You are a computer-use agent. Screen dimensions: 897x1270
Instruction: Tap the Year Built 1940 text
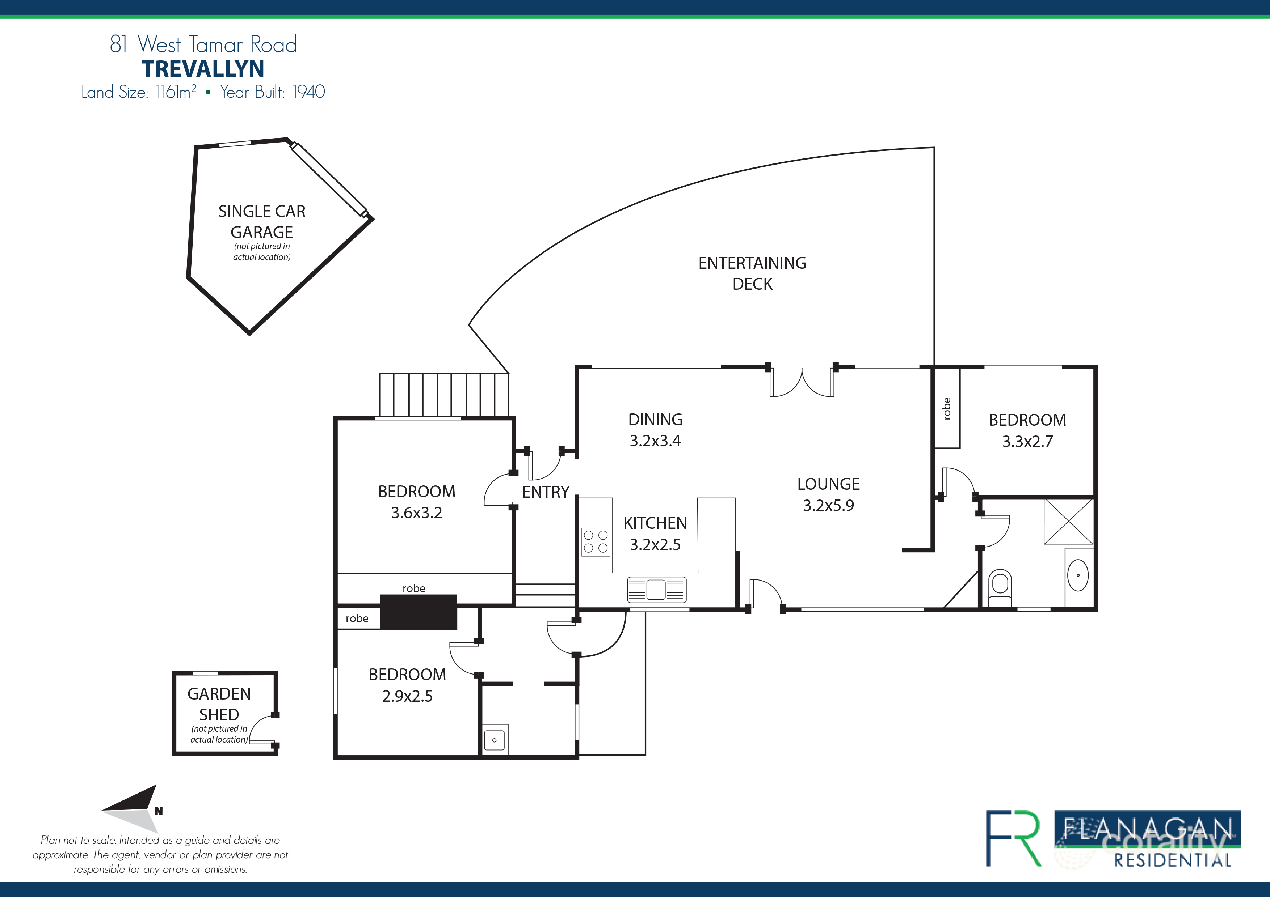point(272,92)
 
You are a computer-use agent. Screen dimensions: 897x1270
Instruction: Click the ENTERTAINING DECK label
point(752,273)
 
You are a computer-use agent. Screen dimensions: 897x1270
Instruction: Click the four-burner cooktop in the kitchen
point(596,541)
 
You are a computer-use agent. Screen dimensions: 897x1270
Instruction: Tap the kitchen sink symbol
point(657,589)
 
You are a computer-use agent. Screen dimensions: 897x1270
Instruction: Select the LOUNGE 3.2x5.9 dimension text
point(828,505)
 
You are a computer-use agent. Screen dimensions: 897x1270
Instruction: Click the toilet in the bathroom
point(1000,587)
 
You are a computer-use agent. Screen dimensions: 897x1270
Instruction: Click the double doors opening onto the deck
point(802,382)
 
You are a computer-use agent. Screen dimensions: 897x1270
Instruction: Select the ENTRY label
point(545,492)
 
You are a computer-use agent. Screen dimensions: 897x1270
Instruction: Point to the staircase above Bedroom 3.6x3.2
point(443,395)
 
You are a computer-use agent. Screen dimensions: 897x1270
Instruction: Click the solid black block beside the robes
point(419,612)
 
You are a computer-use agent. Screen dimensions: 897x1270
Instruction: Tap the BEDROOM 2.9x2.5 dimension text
point(407,696)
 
